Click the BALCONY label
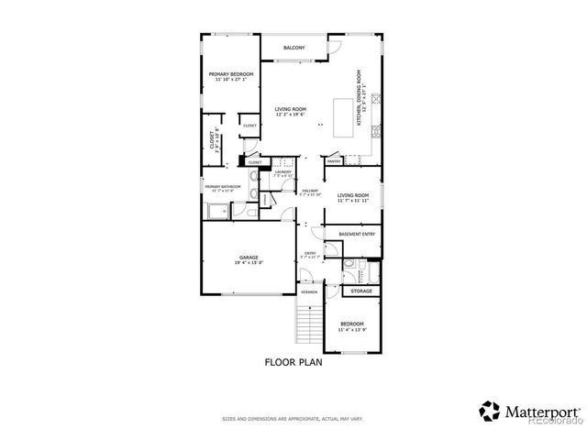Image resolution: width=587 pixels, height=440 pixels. pos(293,48)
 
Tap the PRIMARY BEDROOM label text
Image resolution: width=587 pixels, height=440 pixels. pos(230,74)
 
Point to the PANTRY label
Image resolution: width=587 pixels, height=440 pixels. pos(334,161)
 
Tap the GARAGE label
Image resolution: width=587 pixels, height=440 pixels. pos(249,258)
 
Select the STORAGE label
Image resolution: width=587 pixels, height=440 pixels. pos(361,291)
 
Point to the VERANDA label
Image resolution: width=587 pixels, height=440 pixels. pos(310,291)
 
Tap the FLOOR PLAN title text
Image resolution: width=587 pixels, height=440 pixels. pos(293,362)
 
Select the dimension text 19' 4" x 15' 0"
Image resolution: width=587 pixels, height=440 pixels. pos(249,264)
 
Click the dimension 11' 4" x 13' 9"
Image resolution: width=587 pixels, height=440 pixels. pos(352,330)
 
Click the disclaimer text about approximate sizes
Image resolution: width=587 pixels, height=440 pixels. pos(293,419)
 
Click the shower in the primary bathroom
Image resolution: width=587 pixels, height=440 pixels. pos(216,212)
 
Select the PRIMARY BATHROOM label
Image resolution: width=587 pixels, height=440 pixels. pos(223,186)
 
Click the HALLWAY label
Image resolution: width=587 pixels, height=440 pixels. pos(310,191)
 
